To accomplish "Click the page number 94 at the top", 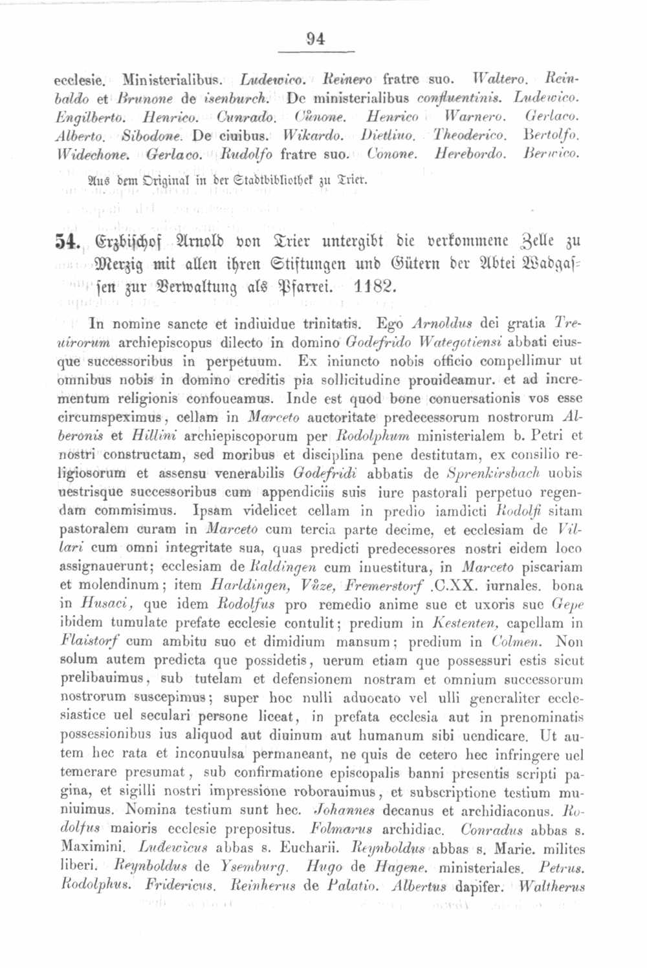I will (316, 39).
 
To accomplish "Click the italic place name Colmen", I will (516, 642).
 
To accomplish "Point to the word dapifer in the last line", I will (478, 886).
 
